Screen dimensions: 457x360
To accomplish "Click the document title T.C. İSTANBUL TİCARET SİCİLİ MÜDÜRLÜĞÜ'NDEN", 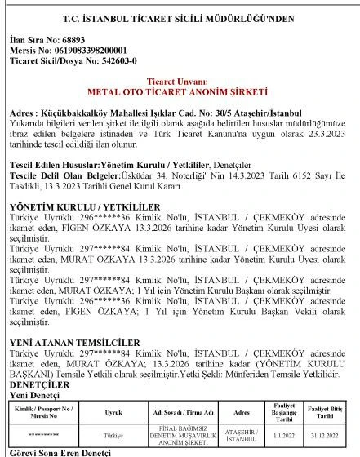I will point(179,17).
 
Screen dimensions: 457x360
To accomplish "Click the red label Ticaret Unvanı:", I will point(179,83).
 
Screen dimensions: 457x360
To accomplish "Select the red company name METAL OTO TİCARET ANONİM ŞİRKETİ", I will point(179,92).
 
